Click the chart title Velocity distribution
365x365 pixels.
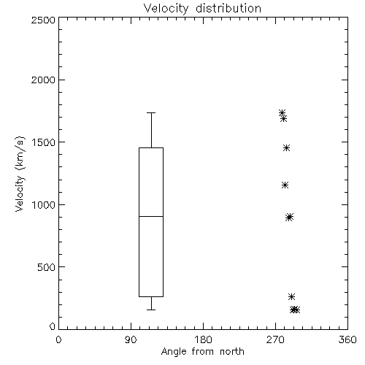pyautogui.click(x=202, y=9)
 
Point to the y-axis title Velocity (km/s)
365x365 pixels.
pyautogui.click(x=20, y=174)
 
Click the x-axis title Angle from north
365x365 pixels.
pyautogui.click(x=202, y=352)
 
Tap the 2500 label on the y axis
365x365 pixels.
pyautogui.click(x=43, y=20)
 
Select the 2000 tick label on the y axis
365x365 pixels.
pyautogui.click(x=43, y=80)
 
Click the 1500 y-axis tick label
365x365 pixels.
pyautogui.click(x=44, y=142)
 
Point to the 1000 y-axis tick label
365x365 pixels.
pyautogui.click(x=44, y=205)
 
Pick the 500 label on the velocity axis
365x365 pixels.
pyautogui.click(x=47, y=267)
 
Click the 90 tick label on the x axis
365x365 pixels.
pyautogui.click(x=131, y=339)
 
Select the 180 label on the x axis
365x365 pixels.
pyautogui.click(x=203, y=339)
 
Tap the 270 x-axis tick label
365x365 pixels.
pyautogui.click(x=275, y=339)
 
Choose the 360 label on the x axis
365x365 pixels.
pyautogui.click(x=347, y=339)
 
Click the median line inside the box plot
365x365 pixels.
pyautogui.click(x=151, y=216)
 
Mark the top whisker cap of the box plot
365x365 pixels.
pyautogui.click(x=151, y=112)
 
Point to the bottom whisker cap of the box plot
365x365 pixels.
pyautogui.click(x=151, y=310)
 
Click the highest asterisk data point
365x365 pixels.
pyautogui.click(x=282, y=112)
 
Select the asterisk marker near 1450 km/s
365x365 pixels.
pyautogui.click(x=286, y=147)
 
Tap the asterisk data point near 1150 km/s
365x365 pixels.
pyautogui.click(x=285, y=185)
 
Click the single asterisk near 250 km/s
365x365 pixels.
pyautogui.click(x=291, y=296)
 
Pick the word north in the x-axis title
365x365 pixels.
pyautogui.click(x=232, y=352)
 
